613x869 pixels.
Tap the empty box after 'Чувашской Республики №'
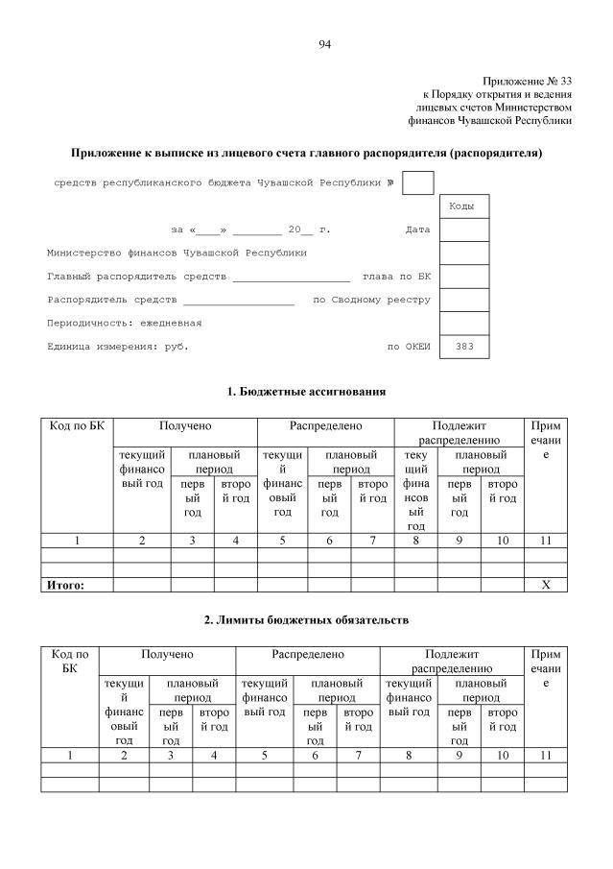[x=418, y=182]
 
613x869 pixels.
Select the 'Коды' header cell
[x=464, y=206]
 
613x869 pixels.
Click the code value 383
[x=464, y=347]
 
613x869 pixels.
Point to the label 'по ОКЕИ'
[x=409, y=347]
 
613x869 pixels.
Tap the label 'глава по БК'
[x=396, y=276]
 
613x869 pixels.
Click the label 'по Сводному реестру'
[x=372, y=300]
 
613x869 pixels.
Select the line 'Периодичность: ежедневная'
[x=124, y=323]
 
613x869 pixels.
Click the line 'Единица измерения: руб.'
[x=117, y=347]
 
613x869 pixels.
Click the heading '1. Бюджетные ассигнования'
[x=306, y=392]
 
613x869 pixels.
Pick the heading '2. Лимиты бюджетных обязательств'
[x=306, y=620]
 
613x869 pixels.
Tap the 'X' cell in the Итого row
[x=546, y=584]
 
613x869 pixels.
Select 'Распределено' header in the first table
[x=326, y=425]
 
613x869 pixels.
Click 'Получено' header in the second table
[x=168, y=654]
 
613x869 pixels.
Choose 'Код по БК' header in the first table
[x=77, y=425]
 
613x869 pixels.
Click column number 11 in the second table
[x=546, y=756]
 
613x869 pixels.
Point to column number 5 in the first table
[x=282, y=541]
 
